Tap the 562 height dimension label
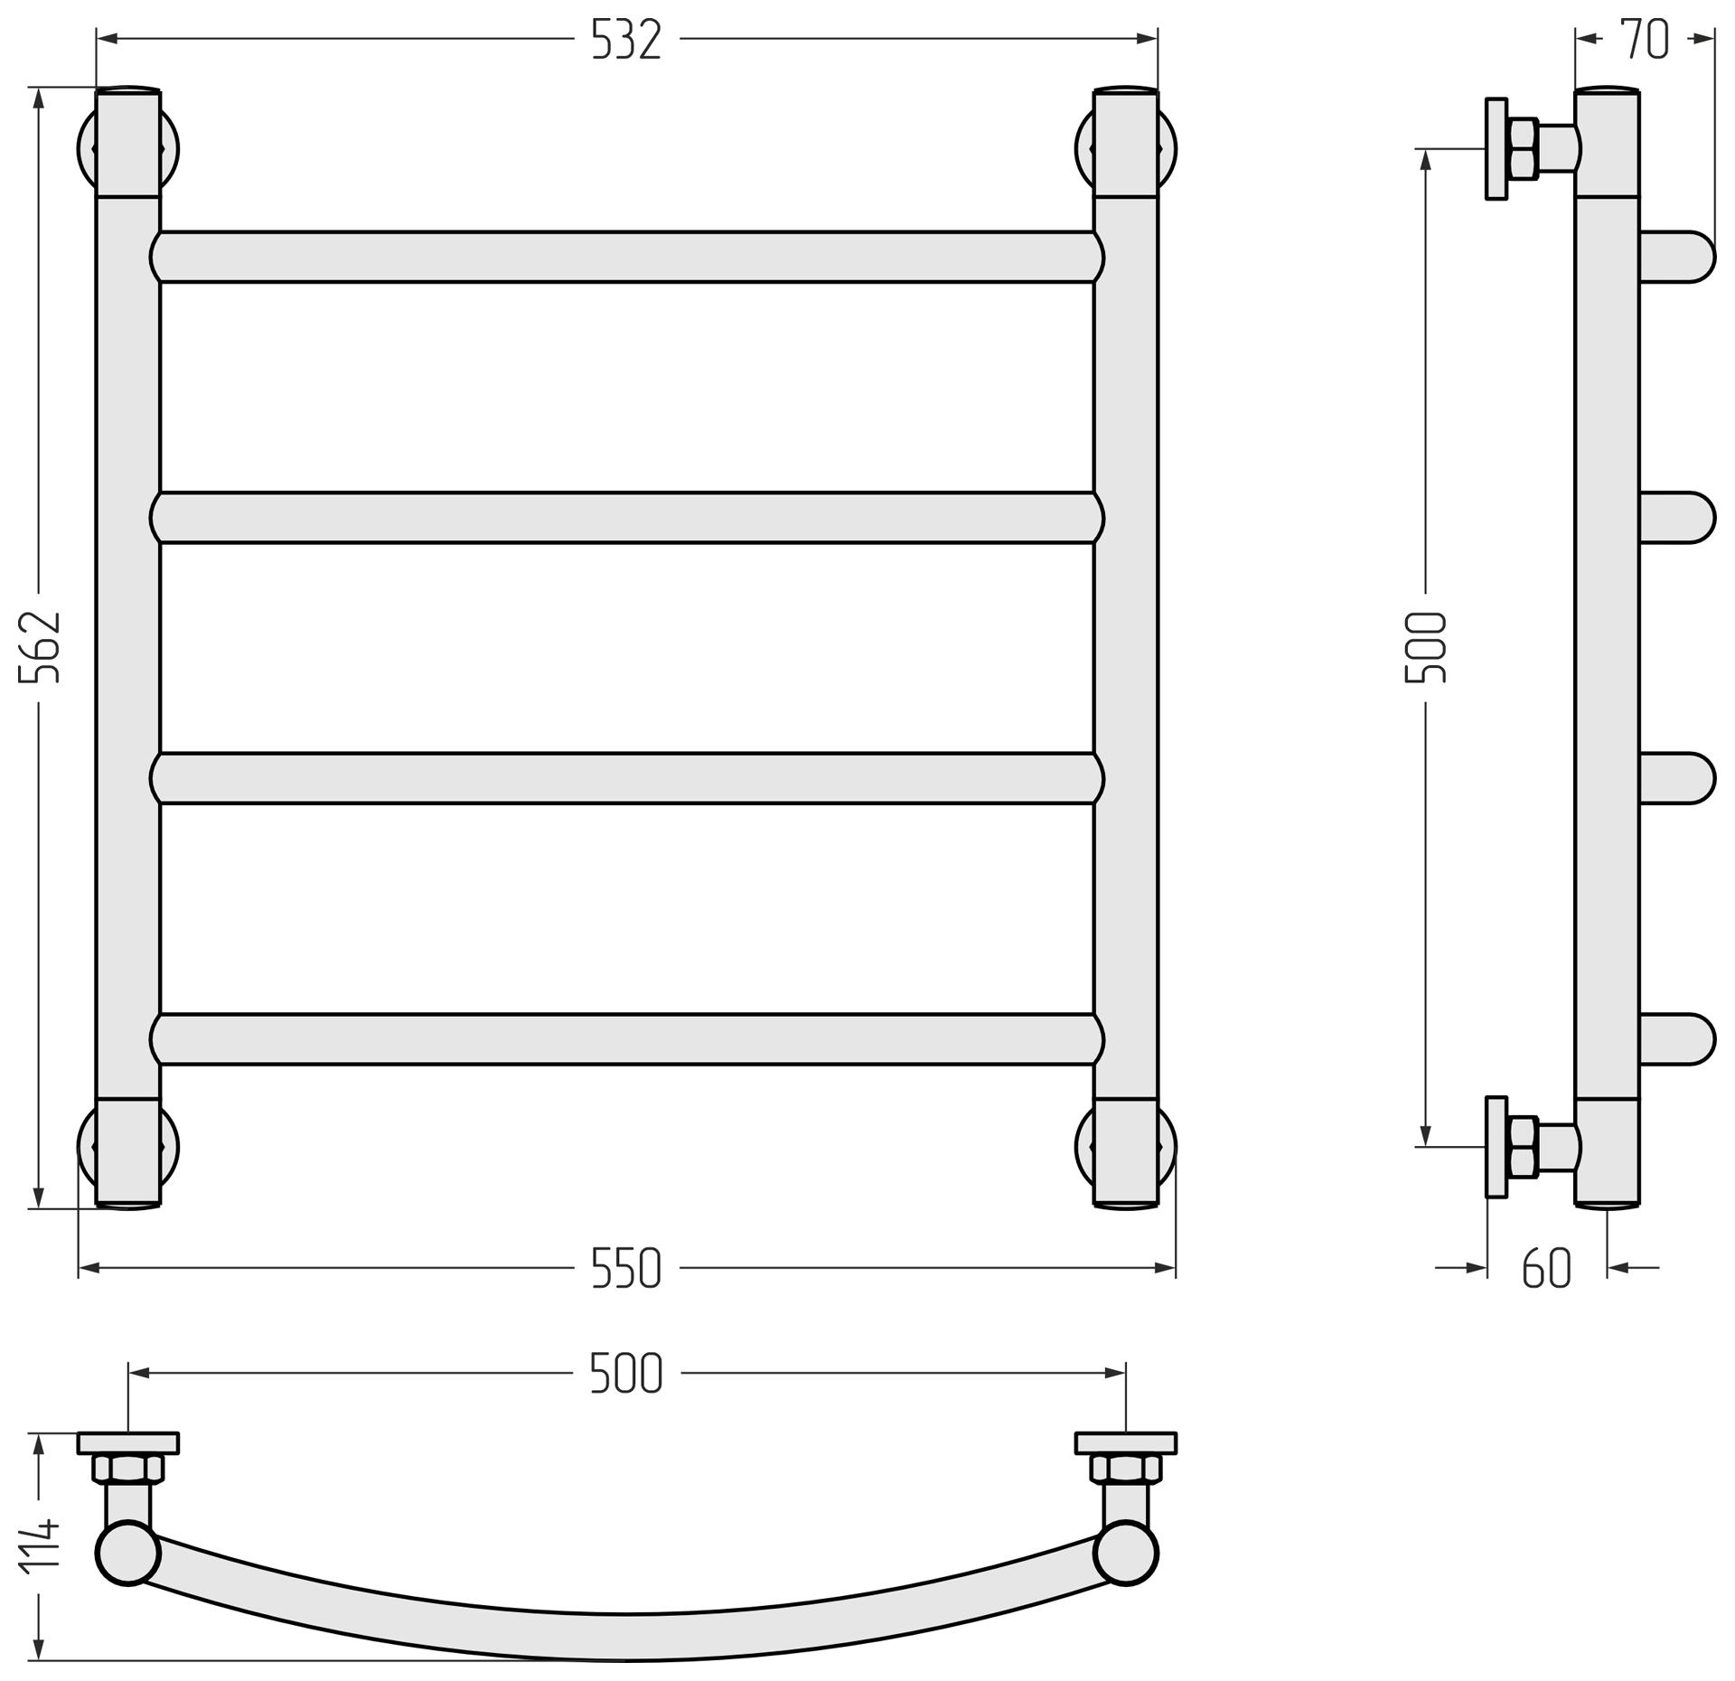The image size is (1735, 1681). (x=41, y=646)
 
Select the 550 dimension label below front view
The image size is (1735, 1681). (x=626, y=1268)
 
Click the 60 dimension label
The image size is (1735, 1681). (x=1547, y=1268)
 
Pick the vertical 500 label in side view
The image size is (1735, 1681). (x=1426, y=647)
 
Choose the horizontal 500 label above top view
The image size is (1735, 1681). (x=626, y=1373)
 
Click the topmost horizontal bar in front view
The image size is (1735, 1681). (x=627, y=257)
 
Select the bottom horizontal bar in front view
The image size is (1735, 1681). (x=627, y=1039)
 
